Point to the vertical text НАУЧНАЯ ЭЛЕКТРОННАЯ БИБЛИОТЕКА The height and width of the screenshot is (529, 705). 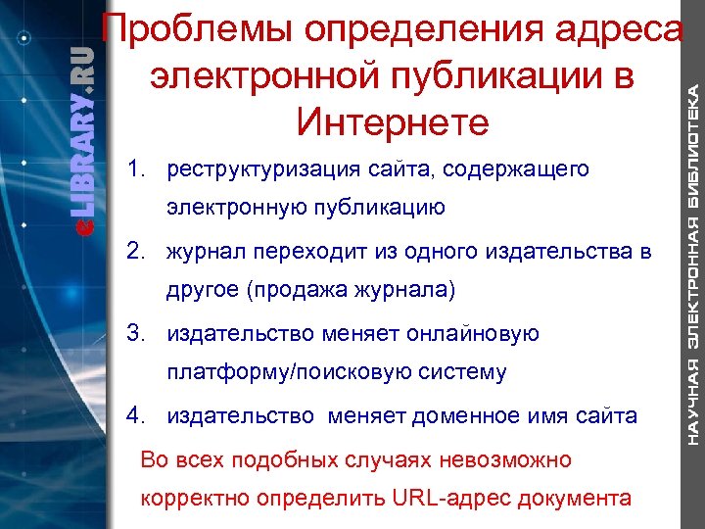tap(691, 264)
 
